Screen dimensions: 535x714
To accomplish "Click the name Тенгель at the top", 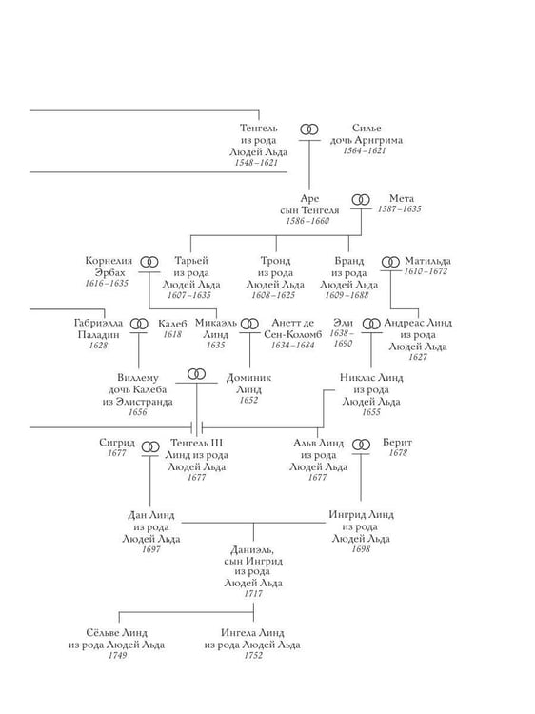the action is [x=258, y=128].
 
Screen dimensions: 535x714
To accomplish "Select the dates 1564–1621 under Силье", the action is [x=365, y=150].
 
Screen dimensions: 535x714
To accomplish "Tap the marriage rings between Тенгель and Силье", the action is [x=309, y=129].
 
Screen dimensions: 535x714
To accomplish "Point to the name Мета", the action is [x=402, y=198].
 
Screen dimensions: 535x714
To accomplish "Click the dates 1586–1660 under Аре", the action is [x=307, y=221].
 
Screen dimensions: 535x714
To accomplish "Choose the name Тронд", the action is [x=275, y=261].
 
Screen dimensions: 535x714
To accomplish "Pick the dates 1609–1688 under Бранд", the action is [x=347, y=295].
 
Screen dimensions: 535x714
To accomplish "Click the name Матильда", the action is [x=427, y=261].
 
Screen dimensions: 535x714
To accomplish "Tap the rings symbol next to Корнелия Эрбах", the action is [x=149, y=262].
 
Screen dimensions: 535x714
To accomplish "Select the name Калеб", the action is [x=172, y=324].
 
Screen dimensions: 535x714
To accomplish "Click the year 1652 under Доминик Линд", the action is [x=248, y=400].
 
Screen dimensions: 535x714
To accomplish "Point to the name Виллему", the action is [x=137, y=378].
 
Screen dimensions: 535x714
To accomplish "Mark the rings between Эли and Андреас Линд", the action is [x=371, y=324].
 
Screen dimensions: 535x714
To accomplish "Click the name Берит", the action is [x=398, y=442].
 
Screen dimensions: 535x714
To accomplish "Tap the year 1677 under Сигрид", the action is [x=117, y=453].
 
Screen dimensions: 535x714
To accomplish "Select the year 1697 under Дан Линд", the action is [x=151, y=549].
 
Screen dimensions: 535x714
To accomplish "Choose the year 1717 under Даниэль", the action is [x=253, y=594].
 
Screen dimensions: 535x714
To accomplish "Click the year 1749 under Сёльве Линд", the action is [x=117, y=656].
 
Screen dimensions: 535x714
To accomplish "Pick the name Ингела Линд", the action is [x=252, y=633].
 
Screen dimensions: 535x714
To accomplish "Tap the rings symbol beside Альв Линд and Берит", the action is [x=362, y=444].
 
